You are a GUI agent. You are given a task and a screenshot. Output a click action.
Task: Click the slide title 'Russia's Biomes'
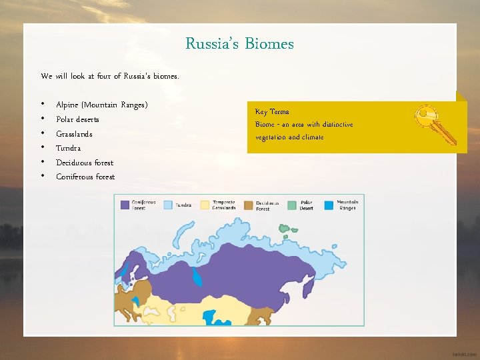point(239,44)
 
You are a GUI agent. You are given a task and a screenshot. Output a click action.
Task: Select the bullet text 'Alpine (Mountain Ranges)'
point(101,105)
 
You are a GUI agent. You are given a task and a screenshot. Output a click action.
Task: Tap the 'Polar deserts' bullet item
point(77,119)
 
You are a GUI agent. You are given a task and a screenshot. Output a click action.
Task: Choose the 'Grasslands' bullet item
point(74,134)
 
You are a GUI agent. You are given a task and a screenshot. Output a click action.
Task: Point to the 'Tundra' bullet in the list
point(68,148)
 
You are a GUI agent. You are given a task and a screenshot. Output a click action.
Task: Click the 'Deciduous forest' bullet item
point(85,163)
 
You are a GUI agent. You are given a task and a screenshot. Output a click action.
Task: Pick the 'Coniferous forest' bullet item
point(85,177)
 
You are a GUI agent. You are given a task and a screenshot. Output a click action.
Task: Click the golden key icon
point(435,124)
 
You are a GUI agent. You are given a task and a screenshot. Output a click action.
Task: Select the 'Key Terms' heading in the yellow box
point(272,112)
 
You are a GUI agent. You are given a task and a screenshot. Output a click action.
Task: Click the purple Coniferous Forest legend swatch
point(124,205)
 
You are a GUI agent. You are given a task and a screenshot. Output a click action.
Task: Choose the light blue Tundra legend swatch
point(168,205)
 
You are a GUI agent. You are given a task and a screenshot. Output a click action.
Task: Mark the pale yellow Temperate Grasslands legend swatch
point(206,205)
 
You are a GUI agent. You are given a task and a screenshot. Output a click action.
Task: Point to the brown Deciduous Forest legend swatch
point(249,205)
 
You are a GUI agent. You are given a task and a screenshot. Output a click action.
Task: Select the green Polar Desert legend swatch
point(292,205)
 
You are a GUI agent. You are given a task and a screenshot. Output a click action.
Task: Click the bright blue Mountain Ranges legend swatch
point(329,205)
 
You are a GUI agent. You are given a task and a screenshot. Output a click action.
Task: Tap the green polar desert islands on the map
point(288,231)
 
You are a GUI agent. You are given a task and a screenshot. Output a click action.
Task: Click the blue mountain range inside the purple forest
point(197,277)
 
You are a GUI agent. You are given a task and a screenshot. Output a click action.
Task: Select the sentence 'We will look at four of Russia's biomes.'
point(109,76)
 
